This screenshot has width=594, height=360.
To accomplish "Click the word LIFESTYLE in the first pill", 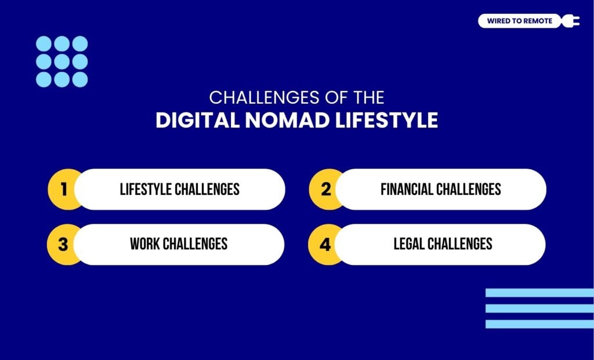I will [147, 190].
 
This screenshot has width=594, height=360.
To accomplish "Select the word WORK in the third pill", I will [144, 244].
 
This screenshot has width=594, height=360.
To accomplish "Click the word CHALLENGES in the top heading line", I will [258, 97].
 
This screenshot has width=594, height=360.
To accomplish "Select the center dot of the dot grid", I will [62, 61].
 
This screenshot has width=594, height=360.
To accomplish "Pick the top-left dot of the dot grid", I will [44, 43].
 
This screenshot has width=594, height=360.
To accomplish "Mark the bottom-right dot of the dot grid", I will [80, 79].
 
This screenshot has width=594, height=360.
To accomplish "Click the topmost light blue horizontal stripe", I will [539, 293].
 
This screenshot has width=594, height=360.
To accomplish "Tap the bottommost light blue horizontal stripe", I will [539, 324].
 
